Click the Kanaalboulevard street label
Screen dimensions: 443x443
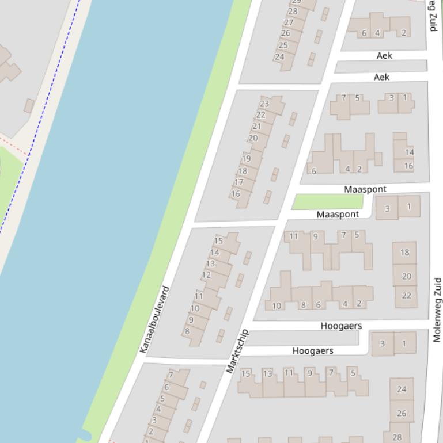(x=154, y=319)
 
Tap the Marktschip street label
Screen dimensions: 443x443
(x=237, y=351)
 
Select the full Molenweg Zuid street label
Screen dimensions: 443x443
(x=437, y=310)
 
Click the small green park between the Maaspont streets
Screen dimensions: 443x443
(x=328, y=201)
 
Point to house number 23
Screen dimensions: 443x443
(x=264, y=104)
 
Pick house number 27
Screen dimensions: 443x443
(x=289, y=22)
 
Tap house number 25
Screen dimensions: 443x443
(x=283, y=45)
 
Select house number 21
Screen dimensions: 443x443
(x=257, y=127)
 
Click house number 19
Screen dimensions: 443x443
(x=247, y=159)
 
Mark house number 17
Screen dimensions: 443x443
(x=238, y=182)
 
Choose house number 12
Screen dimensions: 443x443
(x=206, y=275)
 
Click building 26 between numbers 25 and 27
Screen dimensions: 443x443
(x=286, y=33)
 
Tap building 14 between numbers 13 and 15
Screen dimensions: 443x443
(x=215, y=253)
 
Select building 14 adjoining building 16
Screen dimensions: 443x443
(x=409, y=152)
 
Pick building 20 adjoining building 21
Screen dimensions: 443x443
(x=253, y=138)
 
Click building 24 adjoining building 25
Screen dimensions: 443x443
(x=279, y=57)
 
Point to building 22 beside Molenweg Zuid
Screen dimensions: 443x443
(x=406, y=296)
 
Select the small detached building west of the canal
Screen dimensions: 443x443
(x=29, y=106)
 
